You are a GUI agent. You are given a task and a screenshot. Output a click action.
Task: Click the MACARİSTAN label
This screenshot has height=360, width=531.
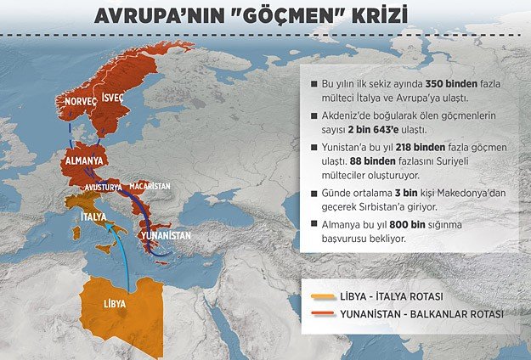pos(150,185)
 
